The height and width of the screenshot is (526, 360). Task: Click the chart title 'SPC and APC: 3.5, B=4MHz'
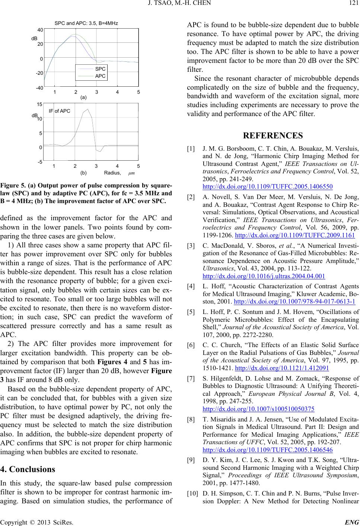(x=86, y=23)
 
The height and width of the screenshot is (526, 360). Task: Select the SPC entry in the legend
(x=100, y=69)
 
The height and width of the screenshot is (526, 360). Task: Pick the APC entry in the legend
(x=100, y=76)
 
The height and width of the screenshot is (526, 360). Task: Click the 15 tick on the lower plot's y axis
(x=40, y=105)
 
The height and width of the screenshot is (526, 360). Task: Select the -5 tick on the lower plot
(x=40, y=162)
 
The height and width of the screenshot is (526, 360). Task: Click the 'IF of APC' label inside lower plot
(x=60, y=110)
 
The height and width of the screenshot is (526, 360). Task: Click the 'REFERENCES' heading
(x=273, y=135)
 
